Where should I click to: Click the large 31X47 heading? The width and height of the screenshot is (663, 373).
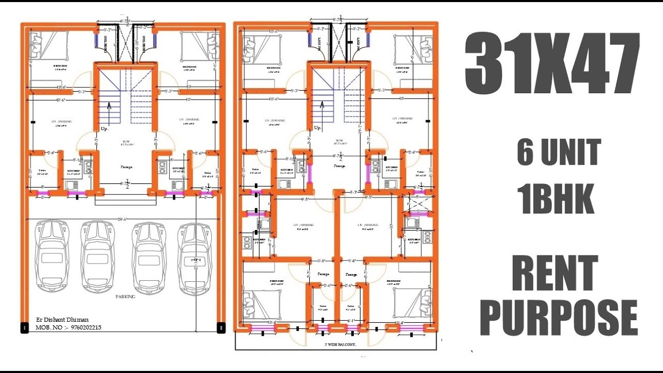tap(552, 63)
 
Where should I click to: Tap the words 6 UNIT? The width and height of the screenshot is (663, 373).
tap(559, 152)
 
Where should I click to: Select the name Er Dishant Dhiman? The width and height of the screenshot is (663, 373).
tap(62, 319)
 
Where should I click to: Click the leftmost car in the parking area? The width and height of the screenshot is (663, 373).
tap(51, 257)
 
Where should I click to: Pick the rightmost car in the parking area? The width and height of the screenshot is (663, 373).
tap(195, 258)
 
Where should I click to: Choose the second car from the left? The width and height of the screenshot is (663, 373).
tap(97, 257)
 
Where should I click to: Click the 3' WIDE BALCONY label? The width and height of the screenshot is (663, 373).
tap(340, 345)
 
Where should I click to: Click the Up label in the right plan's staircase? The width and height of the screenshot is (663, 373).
tap(318, 127)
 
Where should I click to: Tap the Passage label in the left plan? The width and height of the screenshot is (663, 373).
tap(126, 167)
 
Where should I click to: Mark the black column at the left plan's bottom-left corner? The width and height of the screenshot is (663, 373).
tap(24, 327)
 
